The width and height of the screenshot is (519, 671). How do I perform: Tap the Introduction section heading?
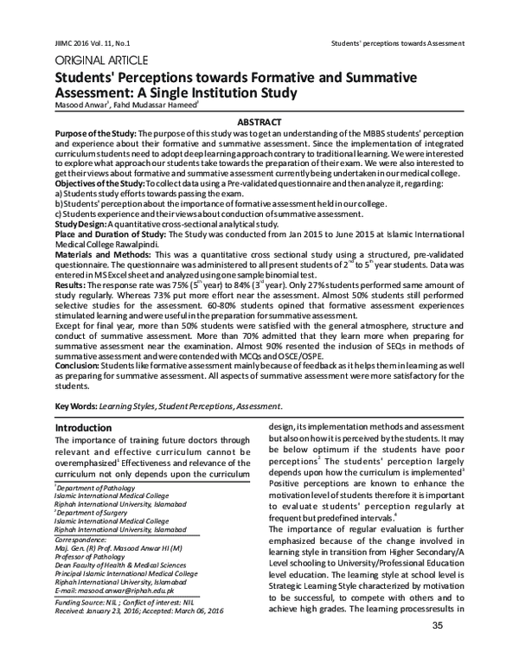pos(88,428)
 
